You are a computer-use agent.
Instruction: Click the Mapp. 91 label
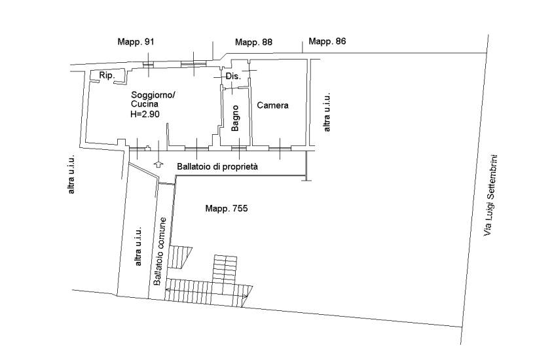pyautogui.click(x=136, y=42)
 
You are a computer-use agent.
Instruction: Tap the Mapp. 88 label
pyautogui.click(x=253, y=43)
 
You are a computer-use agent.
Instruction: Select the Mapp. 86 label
pyautogui.click(x=327, y=41)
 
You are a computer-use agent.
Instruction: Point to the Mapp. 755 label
pyautogui.click(x=227, y=208)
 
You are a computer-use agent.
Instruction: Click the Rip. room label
pyautogui.click(x=107, y=75)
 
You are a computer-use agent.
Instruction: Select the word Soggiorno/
pyautogui.click(x=153, y=95)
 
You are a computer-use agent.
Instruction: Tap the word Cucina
pyautogui.click(x=144, y=104)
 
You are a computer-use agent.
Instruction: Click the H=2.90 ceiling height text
pyautogui.click(x=145, y=114)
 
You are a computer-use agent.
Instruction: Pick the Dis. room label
pyautogui.click(x=233, y=76)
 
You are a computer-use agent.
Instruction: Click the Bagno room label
pyautogui.click(x=235, y=118)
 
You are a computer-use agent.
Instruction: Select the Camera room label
pyautogui.click(x=272, y=105)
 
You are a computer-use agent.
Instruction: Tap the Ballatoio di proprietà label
pyautogui.click(x=217, y=166)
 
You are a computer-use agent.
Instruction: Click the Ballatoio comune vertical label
pyautogui.click(x=159, y=251)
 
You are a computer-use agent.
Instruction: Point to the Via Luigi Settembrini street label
pyautogui.click(x=490, y=195)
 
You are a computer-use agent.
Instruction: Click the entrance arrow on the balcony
pyautogui.click(x=158, y=164)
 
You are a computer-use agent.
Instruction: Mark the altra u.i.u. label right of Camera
pyautogui.click(x=327, y=113)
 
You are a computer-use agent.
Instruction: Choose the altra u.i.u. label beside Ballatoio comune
pyautogui.click(x=138, y=246)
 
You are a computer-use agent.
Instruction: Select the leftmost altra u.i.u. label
pyautogui.click(x=71, y=174)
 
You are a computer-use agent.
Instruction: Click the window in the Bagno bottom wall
pyautogui.click(x=239, y=149)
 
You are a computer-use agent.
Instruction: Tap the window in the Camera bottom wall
pyautogui.click(x=280, y=149)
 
